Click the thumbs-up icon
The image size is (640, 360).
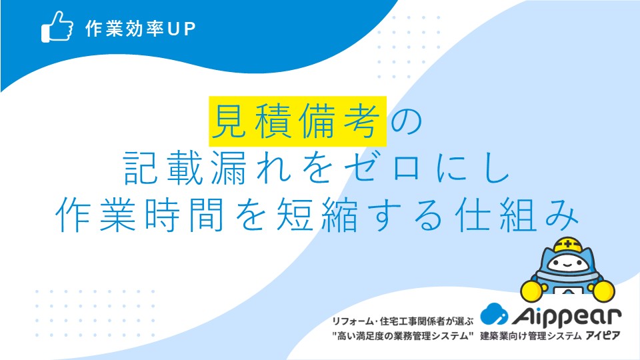pyautogui.click(x=57, y=26)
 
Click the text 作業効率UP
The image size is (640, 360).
pyautogui.click(x=141, y=28)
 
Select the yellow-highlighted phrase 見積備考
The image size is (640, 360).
pyautogui.click(x=297, y=121)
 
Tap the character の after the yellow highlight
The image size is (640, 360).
pyautogui.click(x=406, y=121)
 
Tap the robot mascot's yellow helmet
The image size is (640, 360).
pyautogui.click(x=568, y=245)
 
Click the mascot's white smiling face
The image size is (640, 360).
pyautogui.click(x=568, y=264)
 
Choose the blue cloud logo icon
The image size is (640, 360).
pyautogui.click(x=494, y=314)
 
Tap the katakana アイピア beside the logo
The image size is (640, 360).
pyautogui.click(x=603, y=336)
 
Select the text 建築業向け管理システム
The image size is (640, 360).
pyautogui.click(x=531, y=336)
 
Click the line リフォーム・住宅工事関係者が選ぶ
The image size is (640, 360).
pyautogui.click(x=403, y=321)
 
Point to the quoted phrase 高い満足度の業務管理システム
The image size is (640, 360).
pyautogui.click(x=403, y=336)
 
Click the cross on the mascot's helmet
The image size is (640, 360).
pyautogui.click(x=568, y=245)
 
